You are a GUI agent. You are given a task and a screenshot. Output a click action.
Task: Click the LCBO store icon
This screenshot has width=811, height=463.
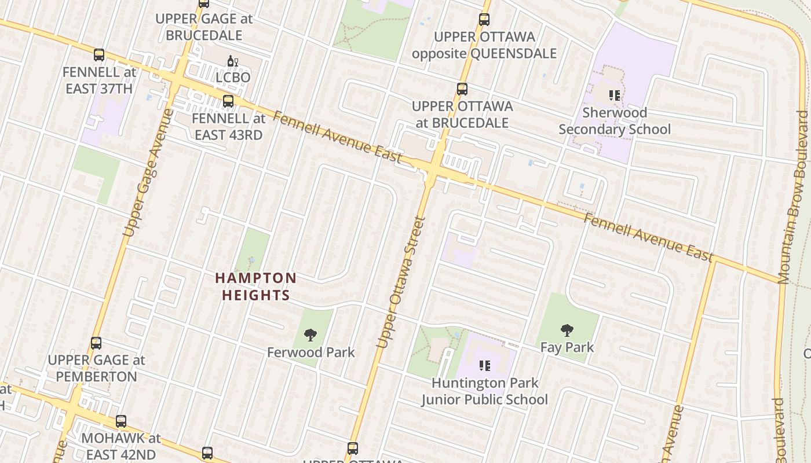pos(233,61)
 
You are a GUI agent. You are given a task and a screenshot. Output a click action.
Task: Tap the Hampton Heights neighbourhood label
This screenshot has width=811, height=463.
pos(255,286)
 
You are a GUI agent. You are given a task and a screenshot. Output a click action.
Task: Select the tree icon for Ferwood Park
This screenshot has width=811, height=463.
pos(310,335)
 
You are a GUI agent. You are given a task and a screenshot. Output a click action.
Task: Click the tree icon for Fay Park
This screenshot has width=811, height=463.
pos(567,330)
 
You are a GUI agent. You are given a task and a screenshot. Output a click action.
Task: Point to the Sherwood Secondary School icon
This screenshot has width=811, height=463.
pos(615,95)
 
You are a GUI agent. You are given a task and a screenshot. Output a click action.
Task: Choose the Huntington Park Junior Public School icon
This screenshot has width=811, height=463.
pos(485,366)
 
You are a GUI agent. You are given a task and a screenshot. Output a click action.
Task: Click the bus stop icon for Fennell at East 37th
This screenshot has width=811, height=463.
pos(99,55)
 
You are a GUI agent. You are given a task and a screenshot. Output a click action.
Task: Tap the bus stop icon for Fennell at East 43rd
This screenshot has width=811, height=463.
pos(228,101)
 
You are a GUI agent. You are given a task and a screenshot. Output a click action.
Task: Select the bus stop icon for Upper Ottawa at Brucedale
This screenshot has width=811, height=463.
pos(462,89)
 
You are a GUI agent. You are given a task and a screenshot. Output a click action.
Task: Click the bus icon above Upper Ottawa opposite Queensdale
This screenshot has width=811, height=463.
pos(484,20)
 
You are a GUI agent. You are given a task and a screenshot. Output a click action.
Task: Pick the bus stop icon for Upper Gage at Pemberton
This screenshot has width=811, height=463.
pos(96,343)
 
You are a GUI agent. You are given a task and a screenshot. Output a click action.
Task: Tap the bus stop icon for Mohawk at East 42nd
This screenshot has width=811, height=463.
pos(120,421)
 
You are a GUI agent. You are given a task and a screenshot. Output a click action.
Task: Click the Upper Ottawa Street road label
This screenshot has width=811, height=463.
pos(401,282)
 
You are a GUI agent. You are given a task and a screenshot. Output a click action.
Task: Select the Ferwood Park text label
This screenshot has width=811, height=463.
pos(310,352)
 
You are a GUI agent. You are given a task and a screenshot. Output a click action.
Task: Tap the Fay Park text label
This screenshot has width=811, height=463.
pos(567,347)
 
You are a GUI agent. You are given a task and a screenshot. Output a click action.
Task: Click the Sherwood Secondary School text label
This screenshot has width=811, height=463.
pos(615,120)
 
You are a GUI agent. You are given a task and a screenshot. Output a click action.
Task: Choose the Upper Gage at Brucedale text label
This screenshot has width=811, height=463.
pos(204,27)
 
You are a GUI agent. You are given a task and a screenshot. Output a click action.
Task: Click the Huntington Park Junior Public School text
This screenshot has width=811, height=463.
pos(485,391)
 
